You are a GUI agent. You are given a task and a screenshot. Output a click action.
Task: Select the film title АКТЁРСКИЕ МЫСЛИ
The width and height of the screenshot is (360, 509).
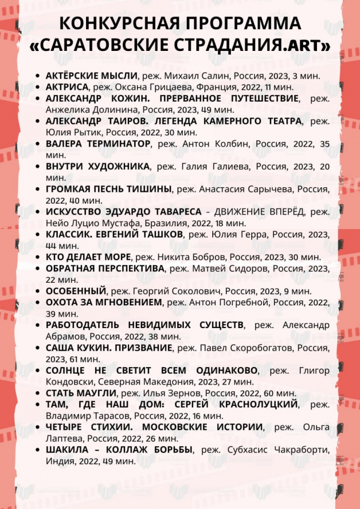click(92, 75)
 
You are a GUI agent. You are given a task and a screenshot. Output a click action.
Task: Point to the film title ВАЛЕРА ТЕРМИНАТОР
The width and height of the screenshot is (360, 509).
click(98, 144)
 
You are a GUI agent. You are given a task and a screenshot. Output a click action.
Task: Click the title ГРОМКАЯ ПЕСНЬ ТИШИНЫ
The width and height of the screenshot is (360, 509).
click(108, 189)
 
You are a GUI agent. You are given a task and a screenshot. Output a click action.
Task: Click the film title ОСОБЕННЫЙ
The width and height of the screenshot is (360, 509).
click(76, 291)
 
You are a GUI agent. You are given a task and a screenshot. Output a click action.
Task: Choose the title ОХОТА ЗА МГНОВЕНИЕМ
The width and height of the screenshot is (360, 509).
click(104, 303)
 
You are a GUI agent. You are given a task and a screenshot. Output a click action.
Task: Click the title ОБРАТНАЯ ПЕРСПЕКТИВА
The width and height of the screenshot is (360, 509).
click(105, 268)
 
